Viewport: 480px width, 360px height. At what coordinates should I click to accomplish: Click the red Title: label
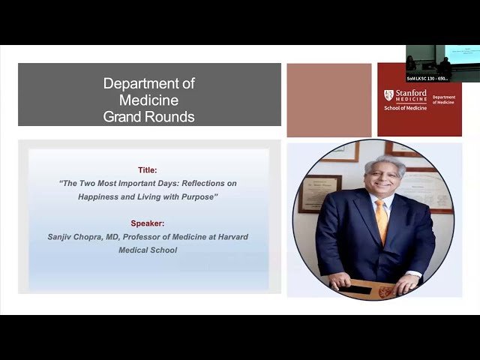pyautogui.click(x=148, y=170)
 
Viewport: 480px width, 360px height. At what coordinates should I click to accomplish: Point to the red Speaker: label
pyautogui.click(x=148, y=223)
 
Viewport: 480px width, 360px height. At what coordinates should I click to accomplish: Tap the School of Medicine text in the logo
pyautogui.click(x=405, y=108)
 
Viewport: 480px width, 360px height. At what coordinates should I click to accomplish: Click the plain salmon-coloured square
pyautogui.click(x=328, y=100)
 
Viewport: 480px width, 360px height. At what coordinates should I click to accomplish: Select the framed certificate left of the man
pyautogui.click(x=319, y=193)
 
